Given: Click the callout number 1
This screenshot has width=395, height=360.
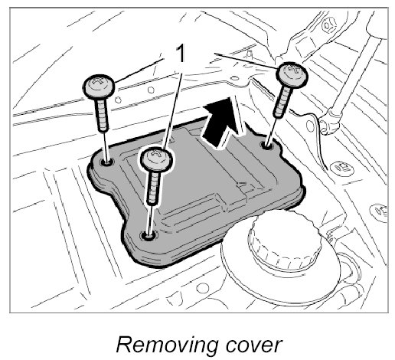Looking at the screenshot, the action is click(181, 54).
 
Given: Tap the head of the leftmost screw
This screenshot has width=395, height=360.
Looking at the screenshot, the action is click(99, 87).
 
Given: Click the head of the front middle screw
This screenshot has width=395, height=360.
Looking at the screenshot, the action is click(156, 159).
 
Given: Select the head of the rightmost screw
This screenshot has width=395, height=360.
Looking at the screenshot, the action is click(292, 74).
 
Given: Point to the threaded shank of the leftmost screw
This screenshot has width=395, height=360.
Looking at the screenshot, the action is click(102, 115).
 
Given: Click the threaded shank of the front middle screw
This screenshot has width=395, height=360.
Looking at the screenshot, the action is click(154, 188).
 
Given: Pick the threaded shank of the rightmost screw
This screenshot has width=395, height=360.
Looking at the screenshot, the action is click(282, 102).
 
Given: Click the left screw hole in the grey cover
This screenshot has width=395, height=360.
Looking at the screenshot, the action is click(107, 162).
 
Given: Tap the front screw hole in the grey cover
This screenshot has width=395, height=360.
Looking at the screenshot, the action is click(149, 236).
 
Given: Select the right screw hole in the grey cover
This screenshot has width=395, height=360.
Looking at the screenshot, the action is click(266, 146).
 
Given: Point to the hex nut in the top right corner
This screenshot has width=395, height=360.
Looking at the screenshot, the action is click(328, 25).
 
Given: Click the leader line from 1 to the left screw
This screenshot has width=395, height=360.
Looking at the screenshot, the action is click(139, 70).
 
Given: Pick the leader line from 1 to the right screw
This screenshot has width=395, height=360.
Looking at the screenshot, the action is click(247, 61).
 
